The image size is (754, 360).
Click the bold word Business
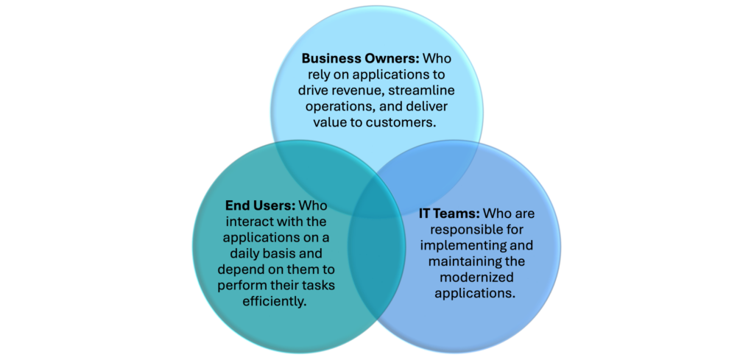(329, 58)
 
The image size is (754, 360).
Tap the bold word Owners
(391, 58)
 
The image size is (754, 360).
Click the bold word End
(236, 205)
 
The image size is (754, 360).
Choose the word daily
(242, 253)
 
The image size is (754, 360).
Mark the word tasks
(318, 286)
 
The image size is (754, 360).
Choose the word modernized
(476, 278)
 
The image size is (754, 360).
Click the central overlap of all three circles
(377, 202)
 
